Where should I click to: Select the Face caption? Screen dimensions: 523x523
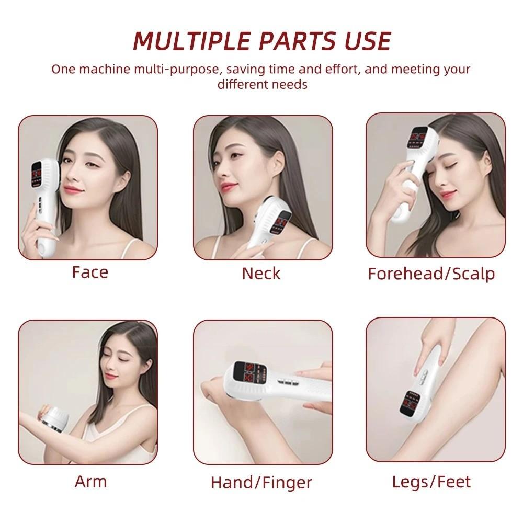click(90, 272)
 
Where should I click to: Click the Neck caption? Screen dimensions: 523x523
click(261, 273)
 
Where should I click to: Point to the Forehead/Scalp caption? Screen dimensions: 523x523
click(431, 274)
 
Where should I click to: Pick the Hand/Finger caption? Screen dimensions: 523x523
click(261, 482)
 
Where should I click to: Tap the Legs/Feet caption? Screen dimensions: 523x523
click(431, 481)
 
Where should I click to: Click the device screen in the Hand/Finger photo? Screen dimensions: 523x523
click(244, 373)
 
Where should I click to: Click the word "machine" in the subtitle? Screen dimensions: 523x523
click(99, 69)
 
